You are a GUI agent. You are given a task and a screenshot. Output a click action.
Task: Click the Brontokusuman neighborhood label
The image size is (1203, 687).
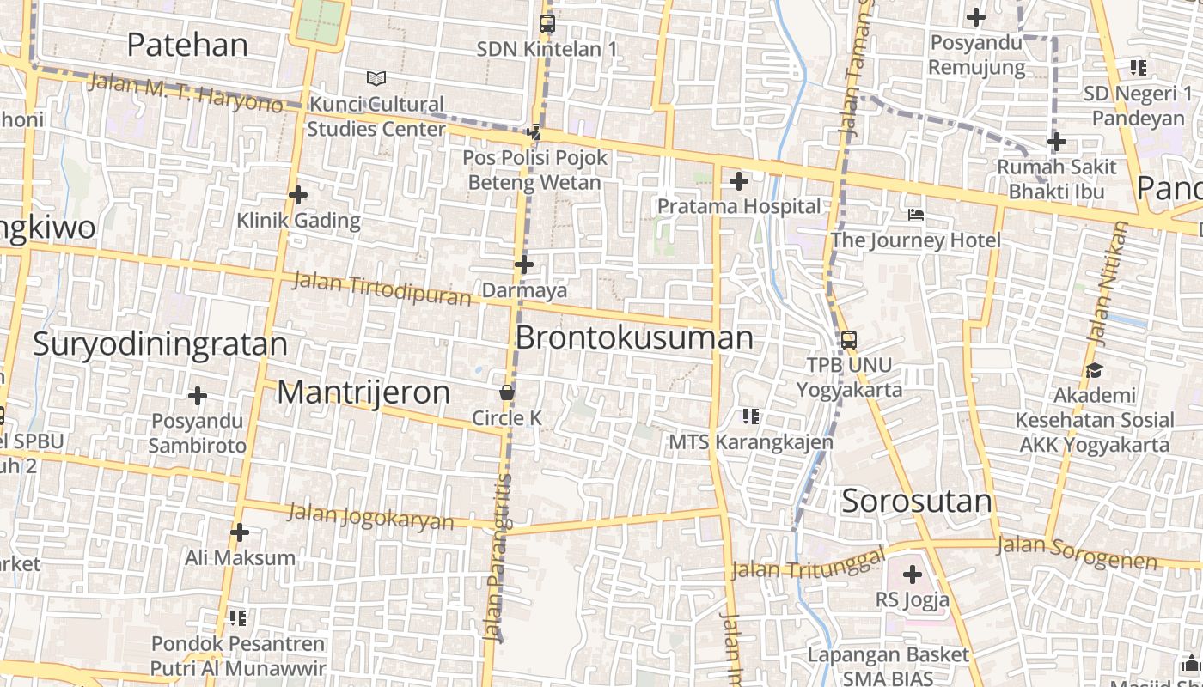634,337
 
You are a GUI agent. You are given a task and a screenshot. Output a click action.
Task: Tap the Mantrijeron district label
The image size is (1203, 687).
363,392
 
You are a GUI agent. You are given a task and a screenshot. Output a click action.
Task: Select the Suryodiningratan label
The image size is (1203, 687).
160,344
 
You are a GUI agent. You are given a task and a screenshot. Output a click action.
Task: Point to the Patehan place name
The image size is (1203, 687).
187,45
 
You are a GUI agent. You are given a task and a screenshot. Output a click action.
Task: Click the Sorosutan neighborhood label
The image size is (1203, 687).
917,501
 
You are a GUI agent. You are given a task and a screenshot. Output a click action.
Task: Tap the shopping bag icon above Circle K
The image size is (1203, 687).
507,392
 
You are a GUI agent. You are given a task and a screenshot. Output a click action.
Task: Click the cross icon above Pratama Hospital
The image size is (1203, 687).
738,181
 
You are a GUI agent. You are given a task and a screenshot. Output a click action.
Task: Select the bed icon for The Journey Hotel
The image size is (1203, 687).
916,215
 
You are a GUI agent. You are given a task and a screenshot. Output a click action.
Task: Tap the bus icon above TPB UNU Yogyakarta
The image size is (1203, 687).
849,339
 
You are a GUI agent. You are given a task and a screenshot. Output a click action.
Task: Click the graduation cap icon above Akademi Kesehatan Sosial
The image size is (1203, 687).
1094,370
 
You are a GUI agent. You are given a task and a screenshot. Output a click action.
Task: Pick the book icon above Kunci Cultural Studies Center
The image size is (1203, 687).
376,79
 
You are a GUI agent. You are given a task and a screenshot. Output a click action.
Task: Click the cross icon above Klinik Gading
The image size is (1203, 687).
298,195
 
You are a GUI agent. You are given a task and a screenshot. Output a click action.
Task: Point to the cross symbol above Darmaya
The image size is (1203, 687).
524,264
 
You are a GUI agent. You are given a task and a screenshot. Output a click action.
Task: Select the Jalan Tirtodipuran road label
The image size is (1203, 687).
382,289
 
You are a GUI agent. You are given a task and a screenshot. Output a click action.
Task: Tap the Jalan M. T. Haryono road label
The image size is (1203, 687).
186,93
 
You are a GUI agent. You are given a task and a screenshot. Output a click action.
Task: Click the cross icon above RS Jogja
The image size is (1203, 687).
913,575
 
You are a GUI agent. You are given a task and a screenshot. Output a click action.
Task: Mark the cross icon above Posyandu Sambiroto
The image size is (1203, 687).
198,396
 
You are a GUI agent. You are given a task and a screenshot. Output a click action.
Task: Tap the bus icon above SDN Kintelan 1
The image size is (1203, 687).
547,24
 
